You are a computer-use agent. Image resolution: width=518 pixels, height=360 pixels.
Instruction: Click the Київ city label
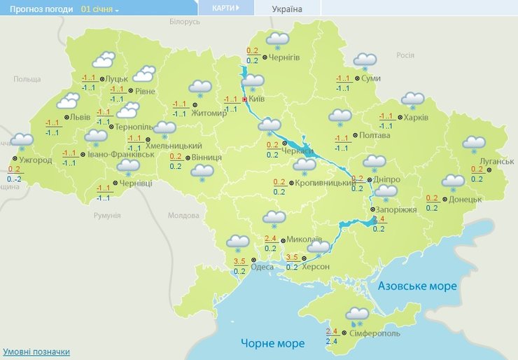256,99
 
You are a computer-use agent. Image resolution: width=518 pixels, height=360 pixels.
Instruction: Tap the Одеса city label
262,267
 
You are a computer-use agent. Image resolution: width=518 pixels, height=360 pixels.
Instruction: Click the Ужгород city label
36,160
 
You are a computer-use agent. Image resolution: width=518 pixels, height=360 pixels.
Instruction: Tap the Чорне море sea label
273,343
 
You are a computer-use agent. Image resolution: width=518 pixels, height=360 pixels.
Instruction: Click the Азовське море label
417,286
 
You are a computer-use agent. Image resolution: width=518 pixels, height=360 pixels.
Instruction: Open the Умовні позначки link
36,352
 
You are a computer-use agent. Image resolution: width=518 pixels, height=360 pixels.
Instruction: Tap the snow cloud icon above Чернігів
278,39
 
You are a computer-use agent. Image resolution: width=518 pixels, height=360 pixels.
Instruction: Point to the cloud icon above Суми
365,61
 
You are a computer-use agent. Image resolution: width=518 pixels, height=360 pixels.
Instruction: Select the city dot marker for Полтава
354,134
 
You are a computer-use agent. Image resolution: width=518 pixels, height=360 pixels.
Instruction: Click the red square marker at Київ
244,99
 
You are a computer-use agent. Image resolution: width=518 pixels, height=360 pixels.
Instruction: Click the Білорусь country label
185,22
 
